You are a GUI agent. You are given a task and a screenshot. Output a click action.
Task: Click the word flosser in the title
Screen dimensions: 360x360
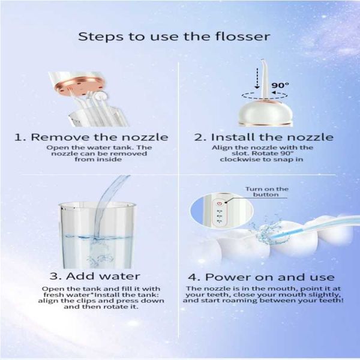(x=242, y=37)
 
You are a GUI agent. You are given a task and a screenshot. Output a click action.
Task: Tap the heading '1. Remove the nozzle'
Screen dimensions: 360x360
(x=91, y=137)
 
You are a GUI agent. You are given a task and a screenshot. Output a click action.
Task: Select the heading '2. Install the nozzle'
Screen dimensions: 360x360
(x=264, y=137)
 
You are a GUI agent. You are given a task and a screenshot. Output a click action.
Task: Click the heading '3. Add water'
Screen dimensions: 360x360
(x=95, y=276)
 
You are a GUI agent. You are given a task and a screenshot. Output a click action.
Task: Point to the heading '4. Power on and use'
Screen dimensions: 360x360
(x=261, y=277)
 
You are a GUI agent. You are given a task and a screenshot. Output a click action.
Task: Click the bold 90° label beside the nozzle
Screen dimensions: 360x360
(x=280, y=85)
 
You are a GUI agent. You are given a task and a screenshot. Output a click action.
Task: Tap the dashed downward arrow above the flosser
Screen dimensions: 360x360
(x=257, y=78)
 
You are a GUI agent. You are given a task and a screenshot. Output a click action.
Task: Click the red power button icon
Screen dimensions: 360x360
(x=220, y=203)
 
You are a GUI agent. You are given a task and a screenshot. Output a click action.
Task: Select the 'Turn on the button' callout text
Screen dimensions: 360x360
(x=267, y=192)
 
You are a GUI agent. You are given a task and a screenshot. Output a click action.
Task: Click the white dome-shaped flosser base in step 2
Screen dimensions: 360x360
(x=265, y=113)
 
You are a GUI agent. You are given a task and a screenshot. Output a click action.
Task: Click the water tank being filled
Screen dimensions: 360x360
(x=97, y=235)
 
